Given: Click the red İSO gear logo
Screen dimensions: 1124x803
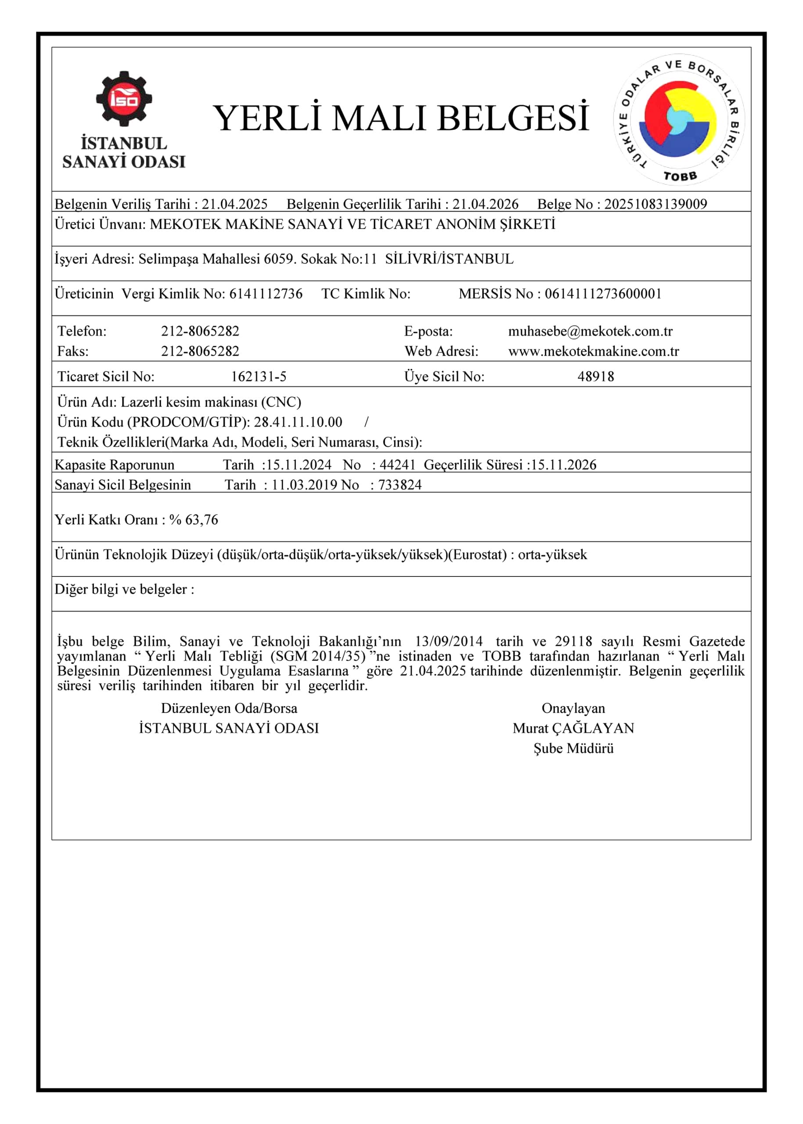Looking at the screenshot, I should [x=124, y=99].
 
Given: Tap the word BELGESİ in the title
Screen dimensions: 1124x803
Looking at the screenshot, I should [x=513, y=119].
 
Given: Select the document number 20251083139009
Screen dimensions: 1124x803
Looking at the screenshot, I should [x=655, y=204].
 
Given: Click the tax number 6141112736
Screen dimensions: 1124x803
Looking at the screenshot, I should [x=266, y=294].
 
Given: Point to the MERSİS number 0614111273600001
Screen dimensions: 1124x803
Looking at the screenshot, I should [x=603, y=294].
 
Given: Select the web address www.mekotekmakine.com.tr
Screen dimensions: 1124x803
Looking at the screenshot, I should [x=593, y=351].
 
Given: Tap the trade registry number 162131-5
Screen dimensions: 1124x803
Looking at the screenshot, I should [x=259, y=377].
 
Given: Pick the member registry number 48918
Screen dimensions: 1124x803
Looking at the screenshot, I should [x=595, y=377].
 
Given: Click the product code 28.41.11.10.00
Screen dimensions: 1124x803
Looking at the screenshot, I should [x=298, y=422].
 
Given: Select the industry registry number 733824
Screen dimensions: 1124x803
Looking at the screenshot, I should [x=400, y=485].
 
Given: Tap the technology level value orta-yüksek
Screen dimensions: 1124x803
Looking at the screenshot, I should [x=552, y=555].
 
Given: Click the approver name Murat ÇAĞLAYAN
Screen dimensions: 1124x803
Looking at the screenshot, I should [x=573, y=728].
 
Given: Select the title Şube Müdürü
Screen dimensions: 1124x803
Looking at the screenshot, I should [x=573, y=749].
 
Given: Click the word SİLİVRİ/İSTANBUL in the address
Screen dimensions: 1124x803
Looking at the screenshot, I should [x=449, y=259].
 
